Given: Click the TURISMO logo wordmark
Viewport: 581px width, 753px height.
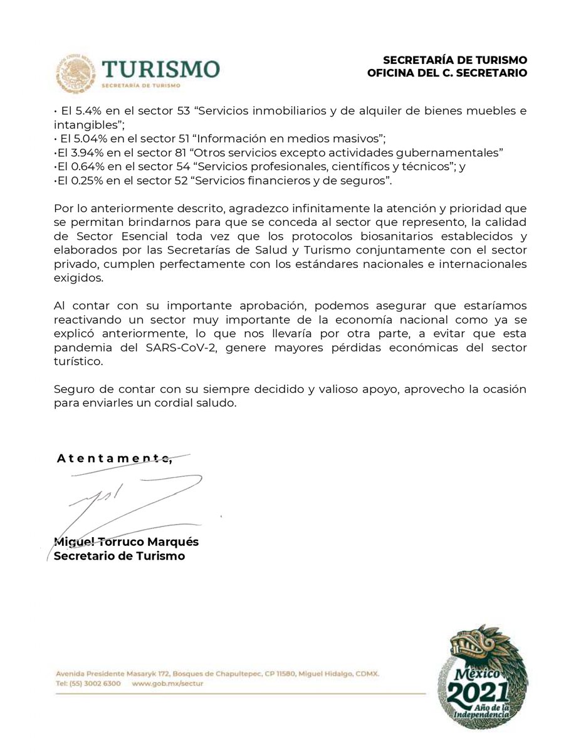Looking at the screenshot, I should point(160,69).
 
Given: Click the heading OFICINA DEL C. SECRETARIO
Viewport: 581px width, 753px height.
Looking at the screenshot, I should point(448,73).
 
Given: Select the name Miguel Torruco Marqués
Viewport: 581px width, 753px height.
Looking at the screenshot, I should point(126,542).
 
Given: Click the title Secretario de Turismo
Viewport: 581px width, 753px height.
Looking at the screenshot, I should point(119,555).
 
